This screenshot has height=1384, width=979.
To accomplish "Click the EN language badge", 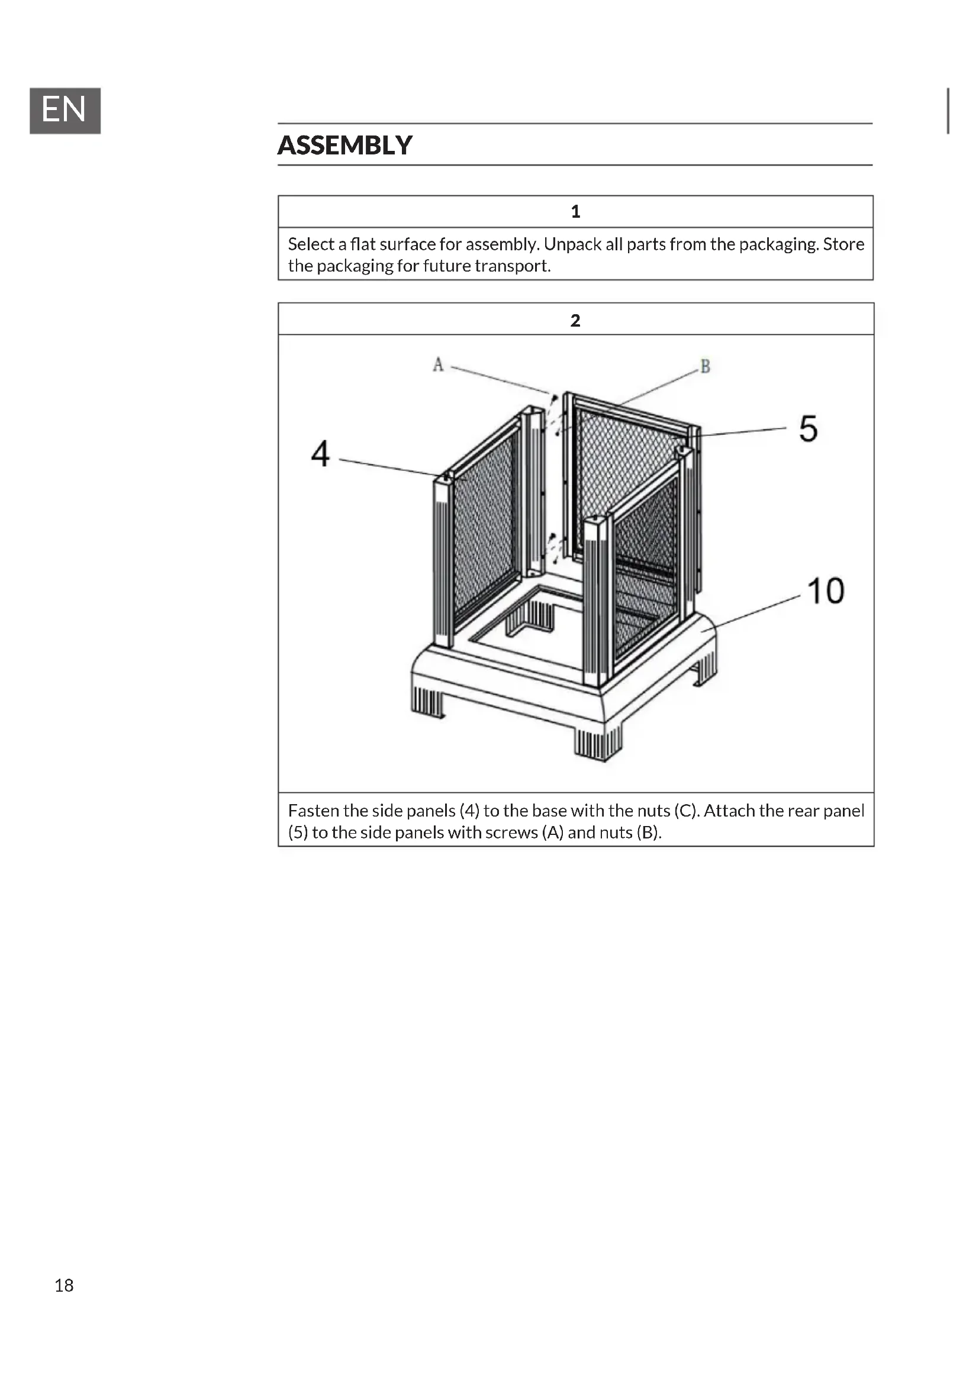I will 65,110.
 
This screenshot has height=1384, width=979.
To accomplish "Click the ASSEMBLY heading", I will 345,146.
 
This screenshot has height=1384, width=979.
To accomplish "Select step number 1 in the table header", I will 575,212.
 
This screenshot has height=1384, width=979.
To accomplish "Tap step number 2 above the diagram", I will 575,320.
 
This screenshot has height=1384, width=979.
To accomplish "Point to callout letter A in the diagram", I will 438,364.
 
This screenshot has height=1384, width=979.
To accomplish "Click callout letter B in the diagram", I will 705,366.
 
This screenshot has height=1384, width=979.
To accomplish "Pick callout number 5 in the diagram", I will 808,428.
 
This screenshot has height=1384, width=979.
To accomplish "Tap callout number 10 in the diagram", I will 825,591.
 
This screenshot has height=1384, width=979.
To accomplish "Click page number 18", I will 64,1285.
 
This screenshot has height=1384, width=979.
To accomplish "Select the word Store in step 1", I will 843,244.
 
